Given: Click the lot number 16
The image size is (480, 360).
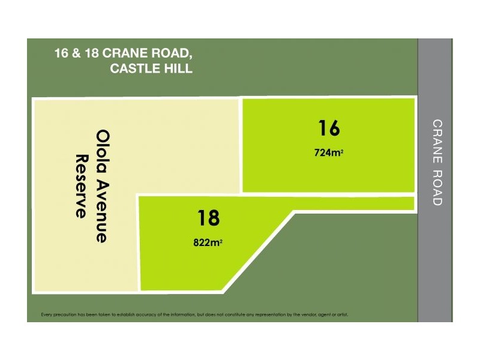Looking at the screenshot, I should (329, 128).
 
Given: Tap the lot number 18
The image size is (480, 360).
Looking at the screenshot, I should (208, 217).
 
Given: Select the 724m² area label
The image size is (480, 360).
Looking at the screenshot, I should (329, 152).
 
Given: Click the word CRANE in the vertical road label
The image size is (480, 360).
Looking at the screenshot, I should (437, 134).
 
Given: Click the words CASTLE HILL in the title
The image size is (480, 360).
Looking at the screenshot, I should (151, 68).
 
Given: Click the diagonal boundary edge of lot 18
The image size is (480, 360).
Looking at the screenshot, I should (258, 252).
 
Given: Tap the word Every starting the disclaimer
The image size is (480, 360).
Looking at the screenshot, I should (47, 314).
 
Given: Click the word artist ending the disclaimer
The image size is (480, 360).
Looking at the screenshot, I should (341, 314).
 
